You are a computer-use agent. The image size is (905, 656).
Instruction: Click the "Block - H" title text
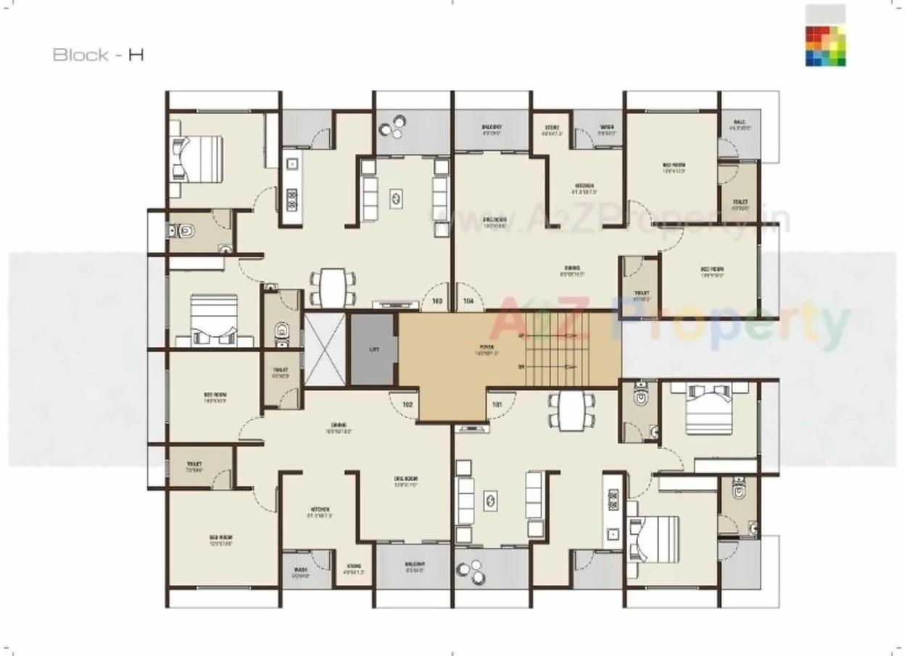[98, 55]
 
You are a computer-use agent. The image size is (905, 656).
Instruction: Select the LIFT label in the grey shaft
[374, 349]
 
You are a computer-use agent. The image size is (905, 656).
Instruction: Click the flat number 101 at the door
[497, 404]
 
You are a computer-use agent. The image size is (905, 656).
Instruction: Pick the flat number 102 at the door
[408, 404]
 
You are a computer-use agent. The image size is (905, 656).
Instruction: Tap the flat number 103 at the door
[437, 300]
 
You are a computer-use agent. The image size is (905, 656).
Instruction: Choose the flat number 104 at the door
[468, 300]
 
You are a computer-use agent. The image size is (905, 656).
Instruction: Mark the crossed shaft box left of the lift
[325, 349]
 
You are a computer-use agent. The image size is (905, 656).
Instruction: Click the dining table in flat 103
[334, 287]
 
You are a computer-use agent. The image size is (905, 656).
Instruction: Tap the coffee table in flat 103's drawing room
[397, 196]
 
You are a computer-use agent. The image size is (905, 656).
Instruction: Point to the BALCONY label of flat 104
[492, 129]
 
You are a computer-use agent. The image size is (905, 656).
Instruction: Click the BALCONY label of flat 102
[414, 567]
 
